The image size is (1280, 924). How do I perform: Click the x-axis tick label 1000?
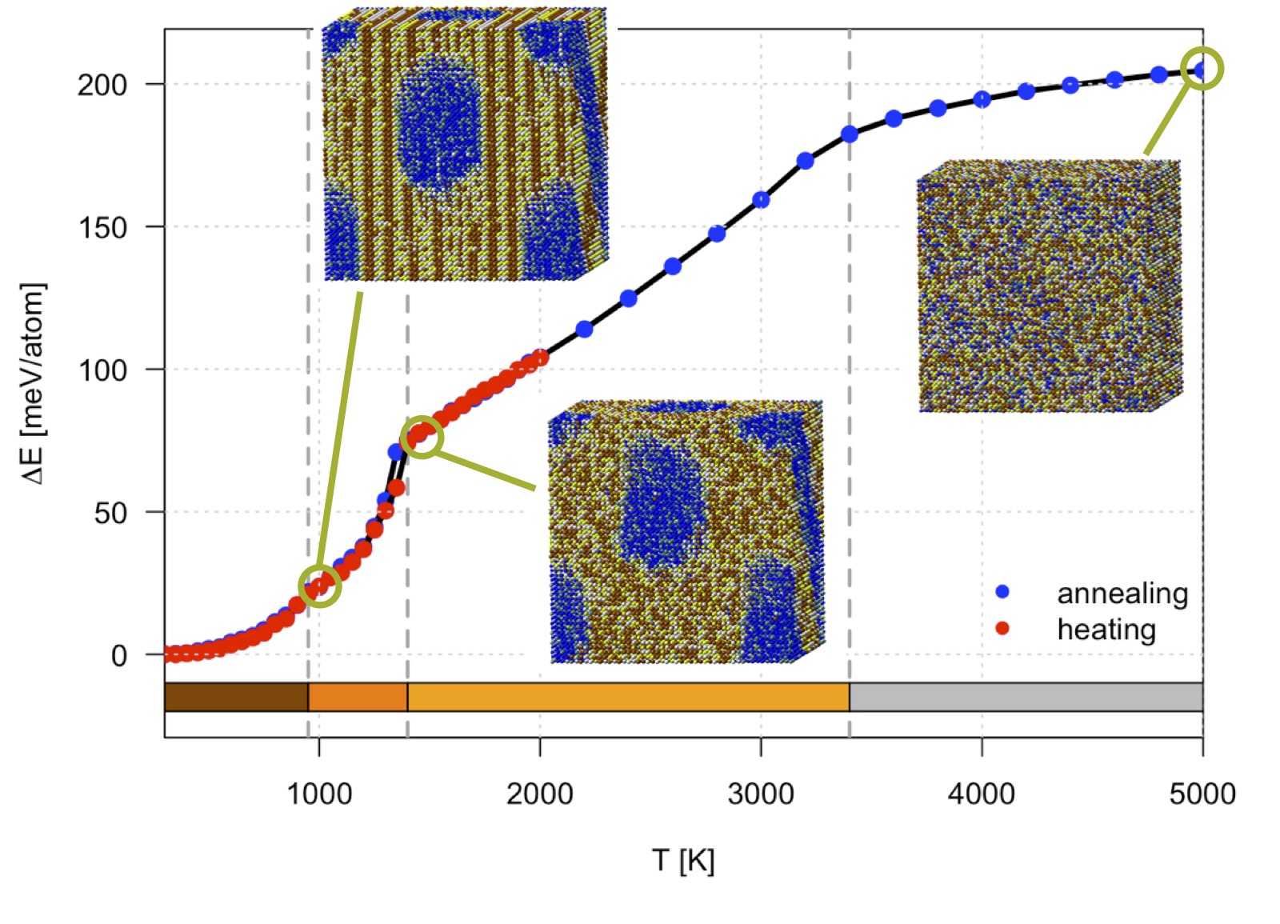point(319,794)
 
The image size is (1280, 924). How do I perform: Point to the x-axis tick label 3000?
point(761,794)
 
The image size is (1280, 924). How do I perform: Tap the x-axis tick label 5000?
point(1202,794)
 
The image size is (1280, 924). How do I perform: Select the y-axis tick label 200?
point(102,85)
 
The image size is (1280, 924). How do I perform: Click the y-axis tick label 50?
point(110,513)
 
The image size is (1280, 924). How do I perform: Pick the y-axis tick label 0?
point(119,656)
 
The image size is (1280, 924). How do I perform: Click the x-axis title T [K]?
point(683,861)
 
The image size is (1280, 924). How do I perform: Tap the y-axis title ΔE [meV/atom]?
point(34,383)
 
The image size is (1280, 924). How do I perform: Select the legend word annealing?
point(1122,594)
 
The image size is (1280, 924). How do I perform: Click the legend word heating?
point(1106,630)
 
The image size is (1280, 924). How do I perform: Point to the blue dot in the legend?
point(1002,592)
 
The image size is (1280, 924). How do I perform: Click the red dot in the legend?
point(1002,629)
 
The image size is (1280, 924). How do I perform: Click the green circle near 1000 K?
point(320,586)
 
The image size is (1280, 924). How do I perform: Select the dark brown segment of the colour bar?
point(236,697)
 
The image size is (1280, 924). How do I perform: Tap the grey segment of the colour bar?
point(1026,697)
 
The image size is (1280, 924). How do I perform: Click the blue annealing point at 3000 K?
point(761,200)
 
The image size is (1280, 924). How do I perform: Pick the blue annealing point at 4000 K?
point(982,100)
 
